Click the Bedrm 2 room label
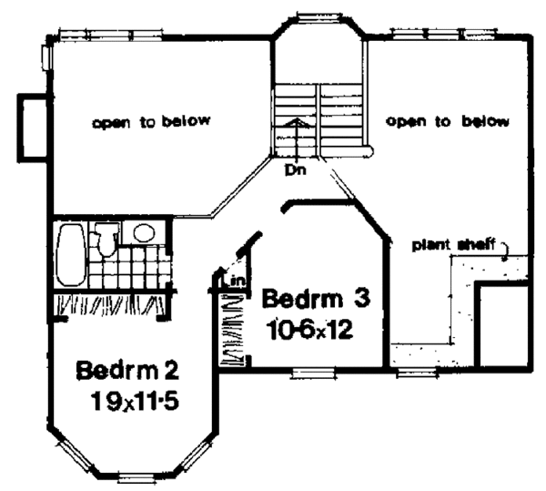(127, 372)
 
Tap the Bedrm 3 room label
(316, 299)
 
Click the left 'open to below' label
(151, 121)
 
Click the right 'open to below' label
(446, 121)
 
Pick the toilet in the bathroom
(107, 240)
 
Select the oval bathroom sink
(142, 233)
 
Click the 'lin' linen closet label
(236, 281)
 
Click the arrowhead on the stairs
(293, 120)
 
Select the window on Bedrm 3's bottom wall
(310, 372)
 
